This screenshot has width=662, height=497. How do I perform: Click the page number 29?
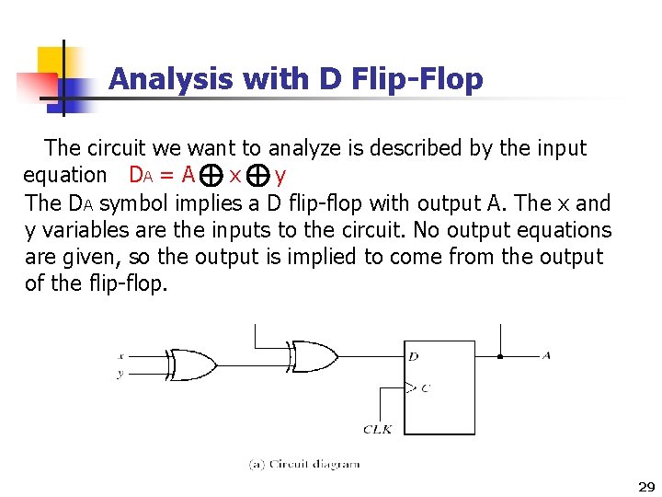click(x=645, y=486)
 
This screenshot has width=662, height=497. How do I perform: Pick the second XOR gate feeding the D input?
click(x=312, y=354)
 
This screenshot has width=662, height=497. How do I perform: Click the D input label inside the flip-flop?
click(x=414, y=355)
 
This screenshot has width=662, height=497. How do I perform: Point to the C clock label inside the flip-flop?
click(x=424, y=387)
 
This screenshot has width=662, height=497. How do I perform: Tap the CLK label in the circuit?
click(x=378, y=429)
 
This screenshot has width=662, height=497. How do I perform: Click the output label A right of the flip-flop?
click(x=547, y=354)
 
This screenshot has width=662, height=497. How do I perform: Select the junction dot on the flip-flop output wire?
click(x=499, y=355)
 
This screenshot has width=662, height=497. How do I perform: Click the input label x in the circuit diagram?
click(x=121, y=355)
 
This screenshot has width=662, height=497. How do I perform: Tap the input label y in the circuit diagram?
click(x=121, y=373)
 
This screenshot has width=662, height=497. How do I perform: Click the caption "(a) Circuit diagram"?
click(x=304, y=464)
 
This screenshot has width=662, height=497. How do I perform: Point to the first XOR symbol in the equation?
click(x=211, y=175)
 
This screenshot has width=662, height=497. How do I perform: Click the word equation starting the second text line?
click(x=64, y=175)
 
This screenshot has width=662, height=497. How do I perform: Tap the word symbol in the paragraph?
click(x=131, y=202)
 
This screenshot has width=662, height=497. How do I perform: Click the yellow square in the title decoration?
click(x=51, y=63)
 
